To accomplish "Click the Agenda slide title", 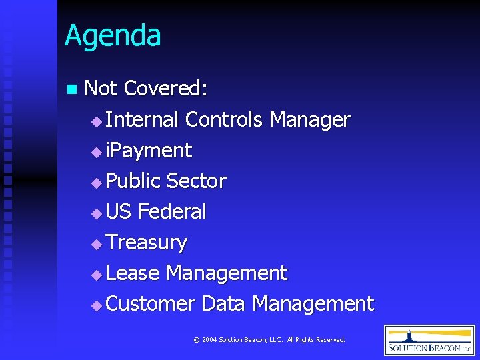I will pos(113,36).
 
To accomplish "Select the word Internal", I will pos(142,119).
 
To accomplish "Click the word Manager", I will pos(309,121).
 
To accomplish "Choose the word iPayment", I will pos(149,151).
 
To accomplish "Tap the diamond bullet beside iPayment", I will pos(97,152).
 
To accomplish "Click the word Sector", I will pos(196,181).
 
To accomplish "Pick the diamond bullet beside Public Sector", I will pos(97,183).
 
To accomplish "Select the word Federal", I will pos(172,211).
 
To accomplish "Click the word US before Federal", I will pos(119,211).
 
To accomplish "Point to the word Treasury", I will pos(146,243).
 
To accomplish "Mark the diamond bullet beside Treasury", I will pos(97,244).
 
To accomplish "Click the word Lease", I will pos(132,273).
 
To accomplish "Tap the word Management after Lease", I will pos(226,273).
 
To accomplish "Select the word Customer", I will pos(150,303).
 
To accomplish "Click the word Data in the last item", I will pos(223,303).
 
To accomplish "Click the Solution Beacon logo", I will pos(429,340).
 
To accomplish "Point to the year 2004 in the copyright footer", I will pos(209,340).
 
